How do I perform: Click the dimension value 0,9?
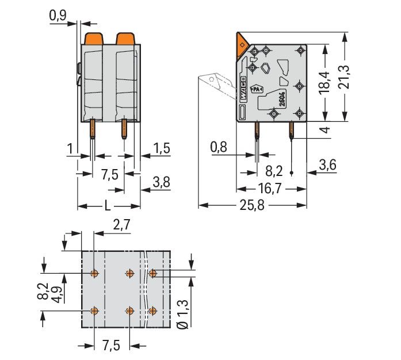[x=58, y=17]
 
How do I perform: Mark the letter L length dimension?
[x=109, y=206]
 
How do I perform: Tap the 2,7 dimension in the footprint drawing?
[x=120, y=225]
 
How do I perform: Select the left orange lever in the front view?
[x=94, y=39]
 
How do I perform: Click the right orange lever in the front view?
[x=125, y=39]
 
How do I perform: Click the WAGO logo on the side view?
[x=244, y=90]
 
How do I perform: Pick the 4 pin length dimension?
[x=326, y=130]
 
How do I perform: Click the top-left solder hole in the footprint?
[x=95, y=273]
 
